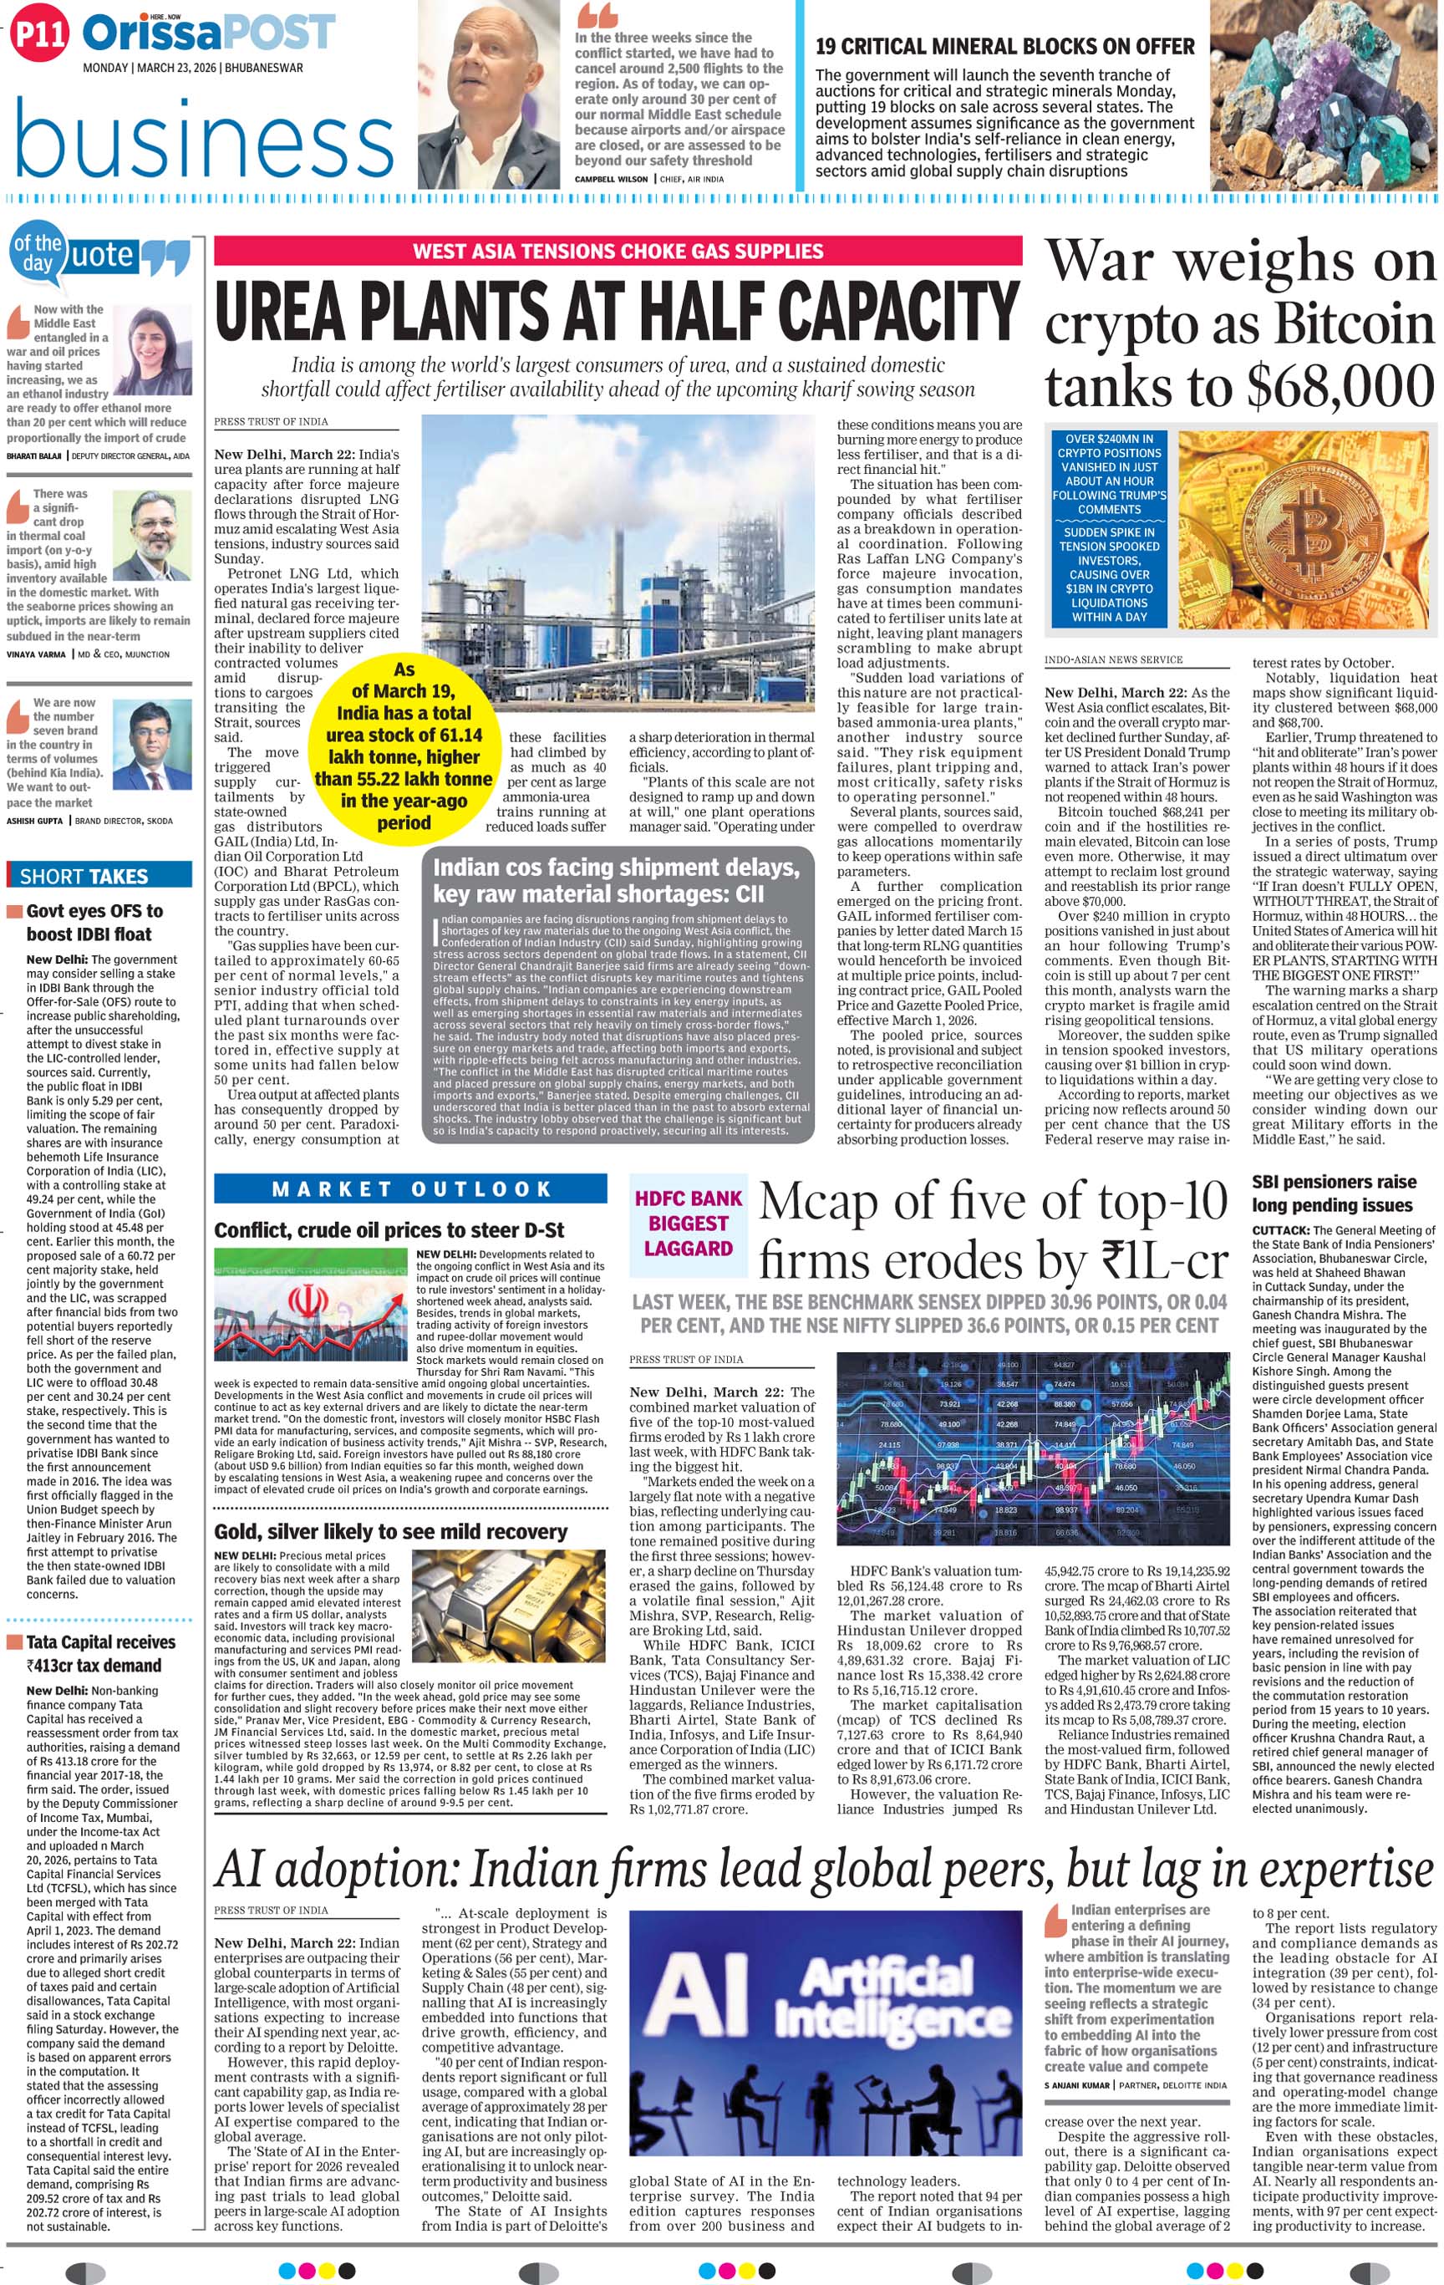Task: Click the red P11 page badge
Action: coord(40,35)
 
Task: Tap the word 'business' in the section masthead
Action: coord(204,140)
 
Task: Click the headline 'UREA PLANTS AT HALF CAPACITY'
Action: coord(617,310)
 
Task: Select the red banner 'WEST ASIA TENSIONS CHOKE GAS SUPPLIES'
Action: coord(618,252)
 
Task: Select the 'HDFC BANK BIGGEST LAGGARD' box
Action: coord(688,1224)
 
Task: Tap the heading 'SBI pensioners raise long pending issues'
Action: coord(1333,1193)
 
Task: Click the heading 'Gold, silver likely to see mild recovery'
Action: coord(390,1532)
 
